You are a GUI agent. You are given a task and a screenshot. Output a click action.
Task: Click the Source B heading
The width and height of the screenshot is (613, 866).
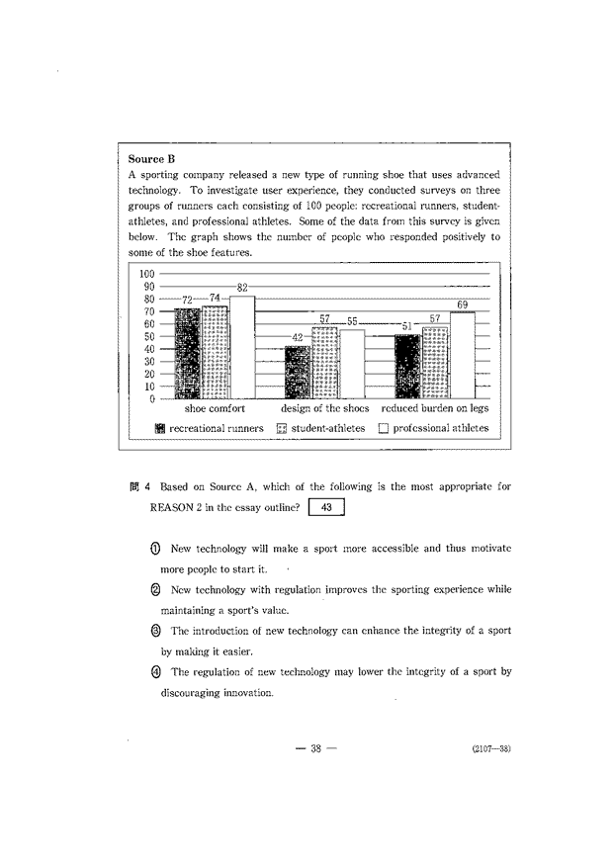[x=152, y=158]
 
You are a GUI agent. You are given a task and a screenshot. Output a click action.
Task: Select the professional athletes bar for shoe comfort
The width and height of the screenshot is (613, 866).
[x=242, y=346]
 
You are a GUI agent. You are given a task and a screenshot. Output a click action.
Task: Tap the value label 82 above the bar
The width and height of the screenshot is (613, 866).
[x=242, y=287]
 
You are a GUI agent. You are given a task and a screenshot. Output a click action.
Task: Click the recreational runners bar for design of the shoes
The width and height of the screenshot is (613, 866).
[x=298, y=372]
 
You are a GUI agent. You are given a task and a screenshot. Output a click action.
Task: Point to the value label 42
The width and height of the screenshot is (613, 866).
[x=298, y=338]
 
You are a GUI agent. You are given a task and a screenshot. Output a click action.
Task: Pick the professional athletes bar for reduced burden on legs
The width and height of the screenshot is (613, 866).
[x=462, y=355]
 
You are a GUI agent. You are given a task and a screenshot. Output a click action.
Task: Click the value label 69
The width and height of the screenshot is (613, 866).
[x=462, y=304]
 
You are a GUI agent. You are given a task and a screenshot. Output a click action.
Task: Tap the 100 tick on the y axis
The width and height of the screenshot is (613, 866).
[x=146, y=274]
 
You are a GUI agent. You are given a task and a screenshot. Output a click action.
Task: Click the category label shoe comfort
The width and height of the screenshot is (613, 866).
[x=215, y=407]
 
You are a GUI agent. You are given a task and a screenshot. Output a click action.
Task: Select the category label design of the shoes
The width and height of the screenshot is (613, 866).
[x=324, y=407]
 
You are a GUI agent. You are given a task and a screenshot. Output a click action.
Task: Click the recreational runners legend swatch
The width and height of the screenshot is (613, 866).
[x=159, y=429]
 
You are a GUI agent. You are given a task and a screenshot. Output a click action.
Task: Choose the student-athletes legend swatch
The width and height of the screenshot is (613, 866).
[x=281, y=429]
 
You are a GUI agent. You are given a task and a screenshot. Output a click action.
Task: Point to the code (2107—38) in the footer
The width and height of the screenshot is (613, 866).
[x=490, y=749]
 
